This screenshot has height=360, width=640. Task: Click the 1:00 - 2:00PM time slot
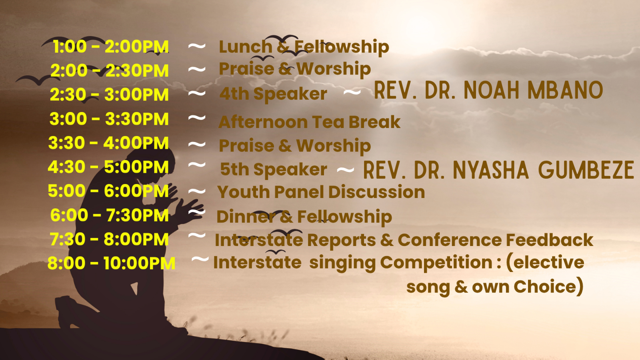click(x=111, y=46)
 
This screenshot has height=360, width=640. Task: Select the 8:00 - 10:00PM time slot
click(x=111, y=263)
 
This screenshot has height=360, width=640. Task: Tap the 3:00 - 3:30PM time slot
click(x=109, y=119)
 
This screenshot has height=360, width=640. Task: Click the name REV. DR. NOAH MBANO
click(x=488, y=90)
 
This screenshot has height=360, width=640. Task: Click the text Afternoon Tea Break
click(x=310, y=122)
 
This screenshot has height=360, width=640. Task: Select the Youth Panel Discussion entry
click(x=321, y=192)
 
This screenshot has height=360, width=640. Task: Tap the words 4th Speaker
click(x=273, y=94)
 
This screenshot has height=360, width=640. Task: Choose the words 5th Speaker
click(x=274, y=170)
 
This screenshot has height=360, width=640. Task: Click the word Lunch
click(x=246, y=46)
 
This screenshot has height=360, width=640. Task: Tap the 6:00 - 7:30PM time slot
click(x=110, y=215)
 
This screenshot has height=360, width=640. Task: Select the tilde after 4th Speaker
click(x=352, y=92)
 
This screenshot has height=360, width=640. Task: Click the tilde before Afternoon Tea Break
click(x=197, y=118)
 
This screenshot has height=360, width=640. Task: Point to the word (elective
click(x=545, y=262)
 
